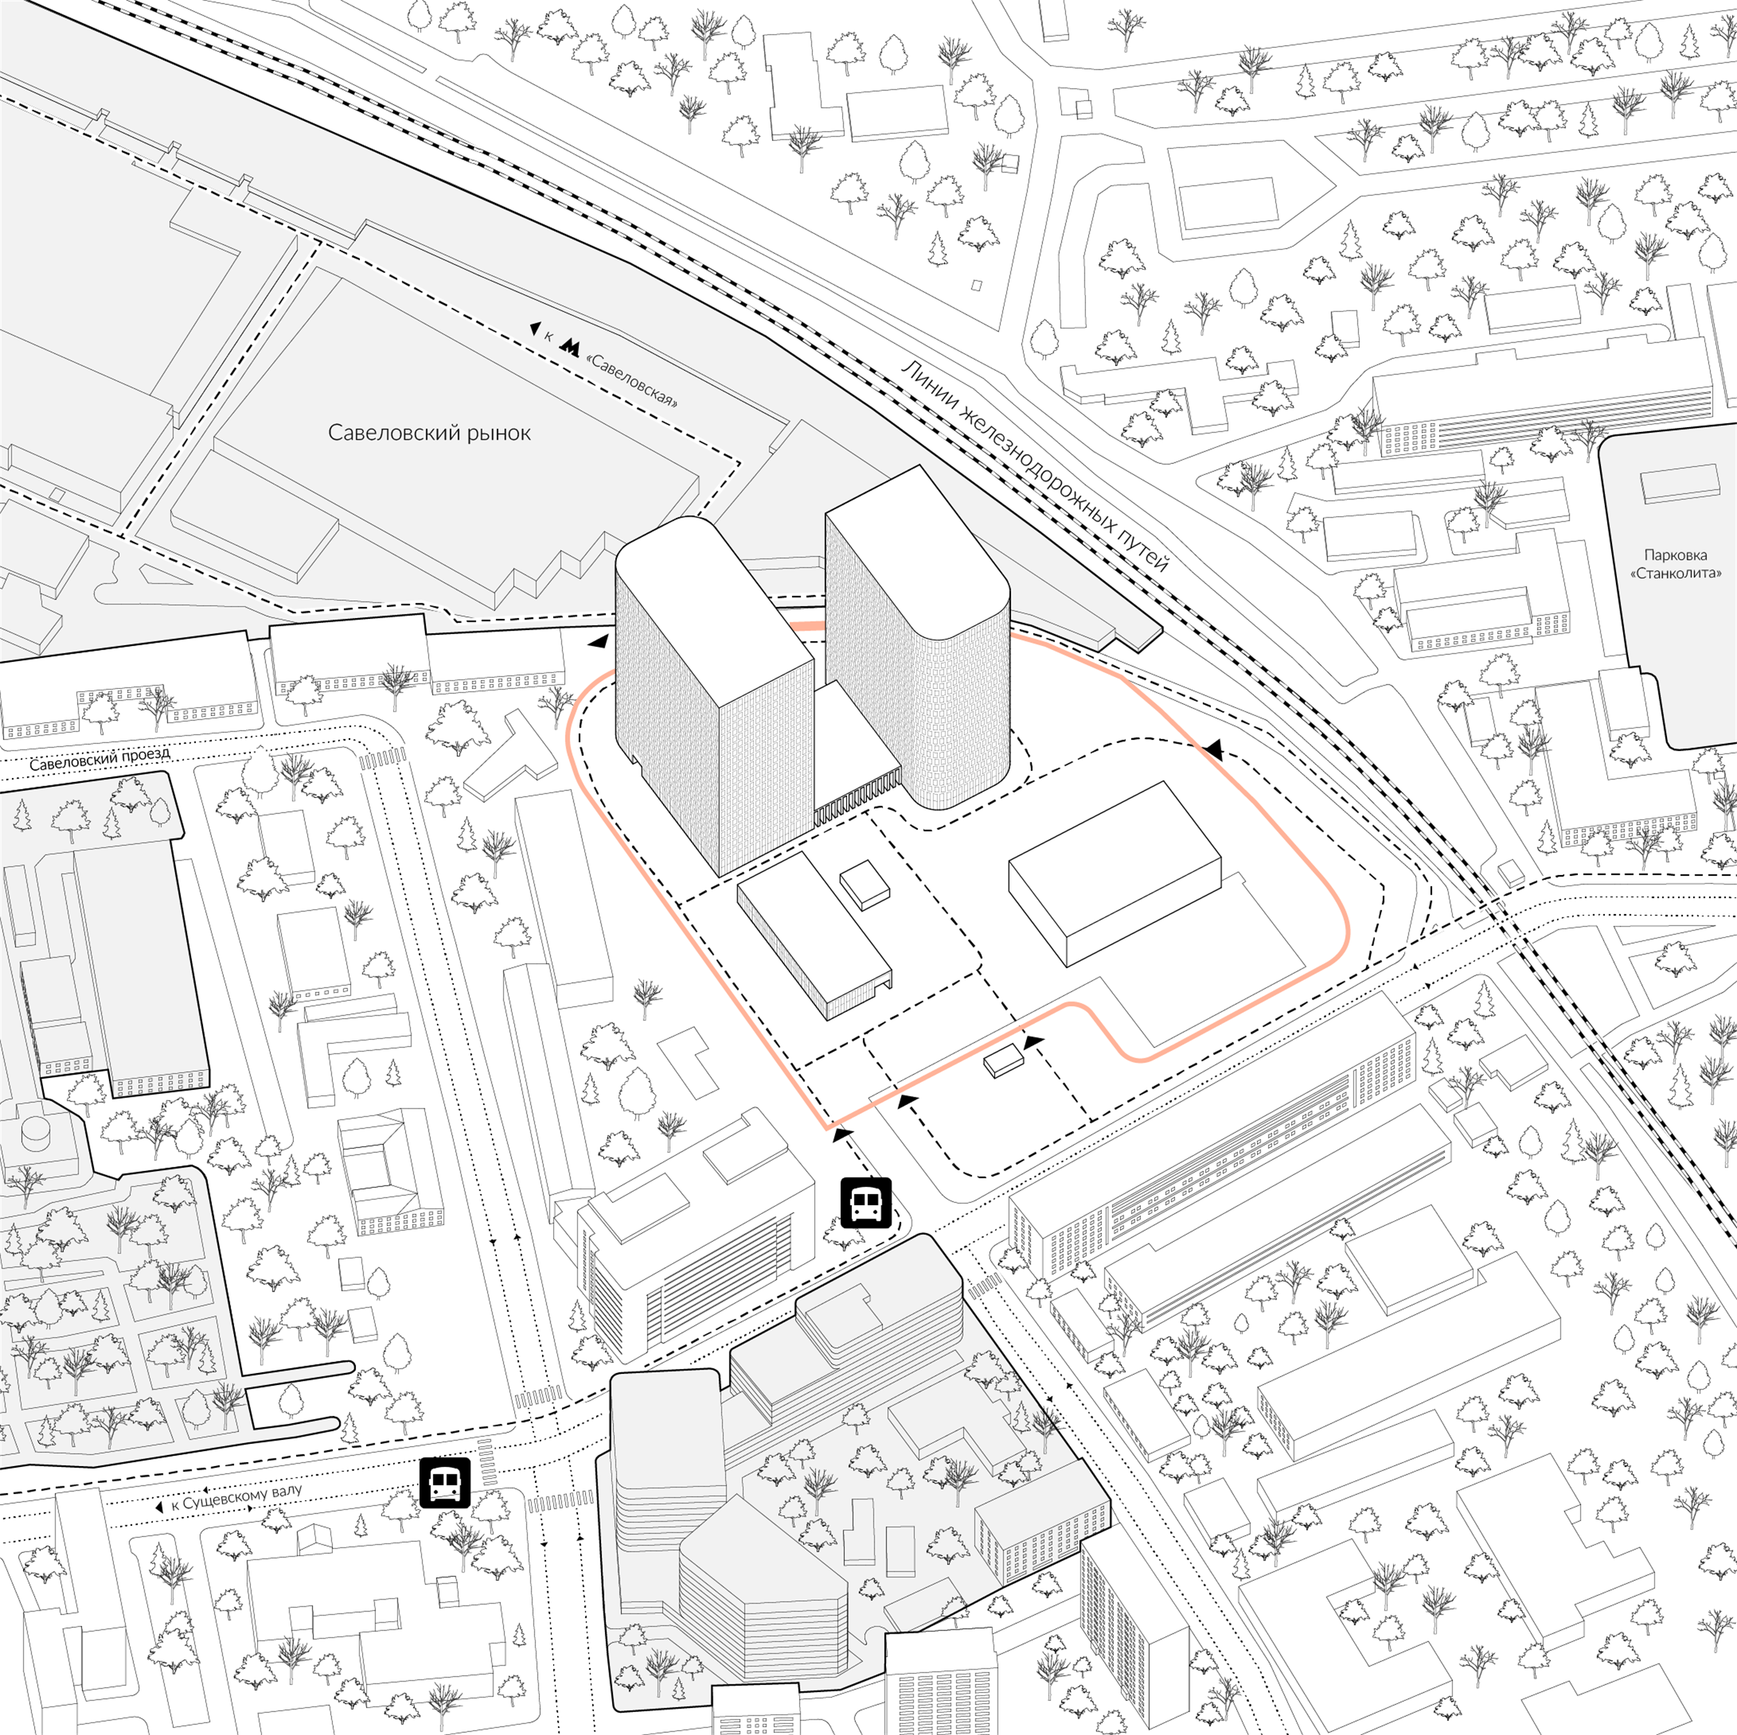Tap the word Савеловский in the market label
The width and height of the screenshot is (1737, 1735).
[389, 433]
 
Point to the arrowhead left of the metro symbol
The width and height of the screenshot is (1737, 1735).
[535, 329]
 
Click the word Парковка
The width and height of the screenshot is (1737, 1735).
[1676, 555]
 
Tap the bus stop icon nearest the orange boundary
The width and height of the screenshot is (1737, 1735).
[865, 1203]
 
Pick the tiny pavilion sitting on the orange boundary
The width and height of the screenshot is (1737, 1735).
[1003, 1061]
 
